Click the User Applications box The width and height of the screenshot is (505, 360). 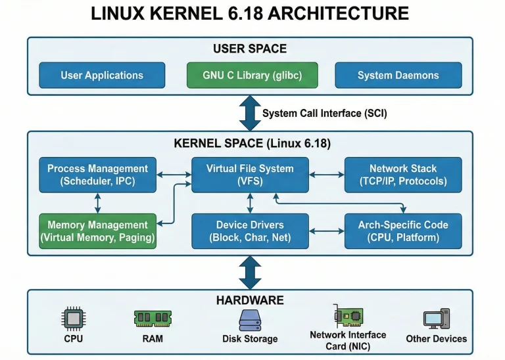pos(102,75)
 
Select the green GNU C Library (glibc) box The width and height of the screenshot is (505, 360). pos(252,75)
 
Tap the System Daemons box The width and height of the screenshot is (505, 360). pos(398,75)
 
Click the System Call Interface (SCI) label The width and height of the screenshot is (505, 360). pos(324,113)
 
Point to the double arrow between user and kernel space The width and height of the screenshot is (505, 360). pos(250,112)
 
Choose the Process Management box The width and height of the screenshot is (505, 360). pos(97,175)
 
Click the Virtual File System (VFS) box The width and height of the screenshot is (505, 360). pos(250,175)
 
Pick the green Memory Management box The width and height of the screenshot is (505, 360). pos(97,231)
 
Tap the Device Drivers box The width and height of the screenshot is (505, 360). pos(250,231)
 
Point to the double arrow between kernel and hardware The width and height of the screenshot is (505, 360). pos(250,273)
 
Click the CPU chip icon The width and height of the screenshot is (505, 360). pos(74,319)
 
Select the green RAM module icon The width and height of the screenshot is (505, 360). pos(153,319)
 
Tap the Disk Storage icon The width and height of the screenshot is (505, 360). pos(250,319)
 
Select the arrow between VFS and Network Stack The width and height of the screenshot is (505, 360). pos(327,175)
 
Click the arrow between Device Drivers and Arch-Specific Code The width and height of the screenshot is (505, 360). pos(327,231)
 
